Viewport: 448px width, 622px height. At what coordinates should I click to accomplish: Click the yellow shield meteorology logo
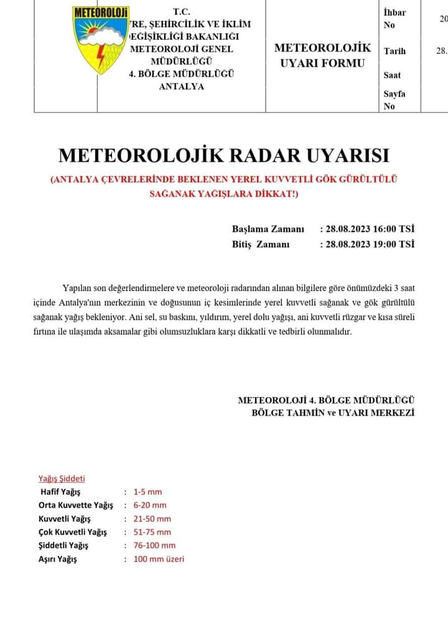100,40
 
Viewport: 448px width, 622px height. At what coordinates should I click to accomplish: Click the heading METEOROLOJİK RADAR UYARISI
223,155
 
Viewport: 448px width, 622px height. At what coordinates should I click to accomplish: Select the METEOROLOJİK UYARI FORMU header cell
322,55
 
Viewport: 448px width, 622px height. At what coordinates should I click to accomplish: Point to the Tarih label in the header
394,51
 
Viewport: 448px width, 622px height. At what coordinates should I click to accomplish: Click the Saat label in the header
393,75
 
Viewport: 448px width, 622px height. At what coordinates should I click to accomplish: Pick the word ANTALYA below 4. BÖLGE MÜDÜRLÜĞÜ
182,86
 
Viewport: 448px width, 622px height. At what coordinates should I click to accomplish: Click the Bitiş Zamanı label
261,244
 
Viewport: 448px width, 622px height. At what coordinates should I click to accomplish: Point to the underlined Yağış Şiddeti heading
62,478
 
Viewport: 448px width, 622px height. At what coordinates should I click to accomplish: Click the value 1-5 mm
147,492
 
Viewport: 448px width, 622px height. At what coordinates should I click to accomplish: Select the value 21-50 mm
152,519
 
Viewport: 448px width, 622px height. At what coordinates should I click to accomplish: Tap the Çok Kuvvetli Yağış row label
72,532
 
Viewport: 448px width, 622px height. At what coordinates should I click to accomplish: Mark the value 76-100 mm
154,545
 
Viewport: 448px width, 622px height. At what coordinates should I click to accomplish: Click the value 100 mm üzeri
159,559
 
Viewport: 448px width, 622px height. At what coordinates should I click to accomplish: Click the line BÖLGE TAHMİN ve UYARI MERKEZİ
333,412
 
